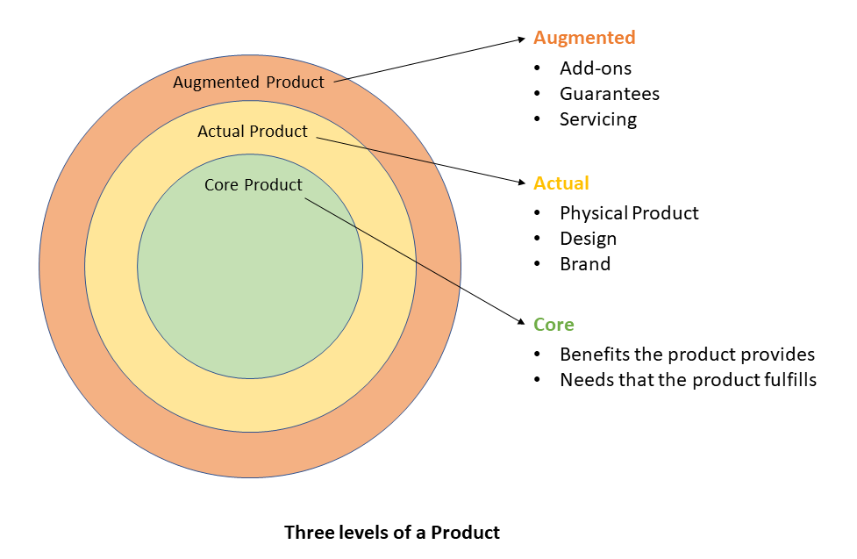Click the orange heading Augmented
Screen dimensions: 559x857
point(584,38)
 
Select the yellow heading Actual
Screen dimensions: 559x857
point(561,183)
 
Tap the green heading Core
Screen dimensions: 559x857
point(553,325)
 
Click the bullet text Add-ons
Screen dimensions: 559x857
point(596,68)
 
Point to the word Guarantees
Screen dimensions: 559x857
point(610,94)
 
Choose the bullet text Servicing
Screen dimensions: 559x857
point(598,119)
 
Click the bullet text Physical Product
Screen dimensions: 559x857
point(629,213)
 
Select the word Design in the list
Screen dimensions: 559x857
point(588,239)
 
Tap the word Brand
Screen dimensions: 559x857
point(585,264)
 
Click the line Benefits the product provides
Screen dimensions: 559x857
point(687,355)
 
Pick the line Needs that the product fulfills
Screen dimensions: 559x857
point(688,380)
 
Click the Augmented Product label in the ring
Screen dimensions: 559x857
point(248,82)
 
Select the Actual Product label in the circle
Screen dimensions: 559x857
point(253,132)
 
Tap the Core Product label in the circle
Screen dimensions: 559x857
point(253,185)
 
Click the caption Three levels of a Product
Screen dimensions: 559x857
point(392,533)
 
